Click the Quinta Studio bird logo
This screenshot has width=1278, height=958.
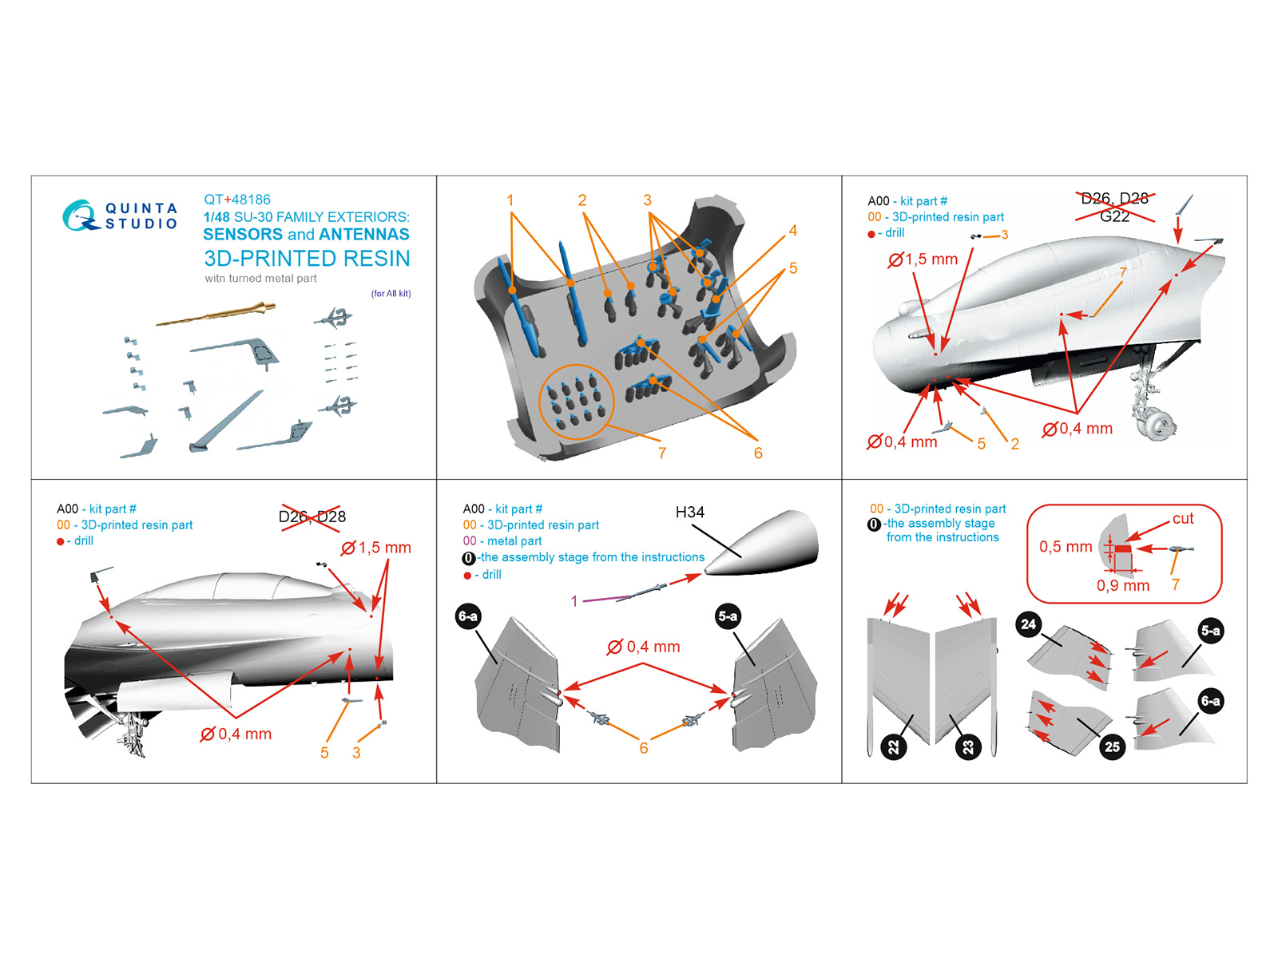pos(80,216)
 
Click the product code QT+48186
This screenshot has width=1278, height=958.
pos(237,200)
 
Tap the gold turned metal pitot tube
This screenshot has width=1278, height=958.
pos(216,315)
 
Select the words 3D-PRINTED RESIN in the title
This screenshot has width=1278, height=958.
pos(307,259)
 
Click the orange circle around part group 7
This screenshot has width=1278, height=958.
pos(576,402)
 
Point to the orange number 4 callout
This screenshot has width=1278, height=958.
pos(792,231)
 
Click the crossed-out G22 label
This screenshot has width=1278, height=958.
pos(1114,216)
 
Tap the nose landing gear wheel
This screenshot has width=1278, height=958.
pos(1157,423)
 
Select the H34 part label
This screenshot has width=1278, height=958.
pos(689,513)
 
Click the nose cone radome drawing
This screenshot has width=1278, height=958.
pos(763,543)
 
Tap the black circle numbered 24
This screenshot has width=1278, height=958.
pos(1028,624)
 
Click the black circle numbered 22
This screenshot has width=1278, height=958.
pos(893,747)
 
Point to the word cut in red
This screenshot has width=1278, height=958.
pos(1183,518)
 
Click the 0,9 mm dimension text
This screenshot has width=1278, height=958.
pos(1122,585)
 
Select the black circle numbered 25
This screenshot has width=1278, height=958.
pos(1112,746)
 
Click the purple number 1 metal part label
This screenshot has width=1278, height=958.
pos(574,601)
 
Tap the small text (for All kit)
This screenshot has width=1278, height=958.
pos(391,294)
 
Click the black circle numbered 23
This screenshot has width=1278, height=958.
pos(968,747)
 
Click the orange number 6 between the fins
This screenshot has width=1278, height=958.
pos(643,748)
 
